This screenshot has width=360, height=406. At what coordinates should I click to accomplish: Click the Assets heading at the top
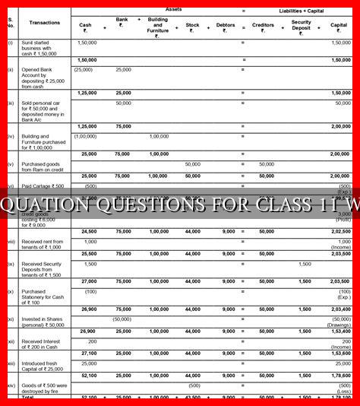coord(173,9)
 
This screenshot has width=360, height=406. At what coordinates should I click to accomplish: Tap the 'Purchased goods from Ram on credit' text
coord(43,167)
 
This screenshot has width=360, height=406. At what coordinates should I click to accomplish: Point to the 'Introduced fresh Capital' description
coord(43,366)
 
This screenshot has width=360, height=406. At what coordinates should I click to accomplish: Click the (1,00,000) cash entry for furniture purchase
coord(85,136)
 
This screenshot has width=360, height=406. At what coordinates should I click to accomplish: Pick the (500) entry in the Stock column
coord(194,385)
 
